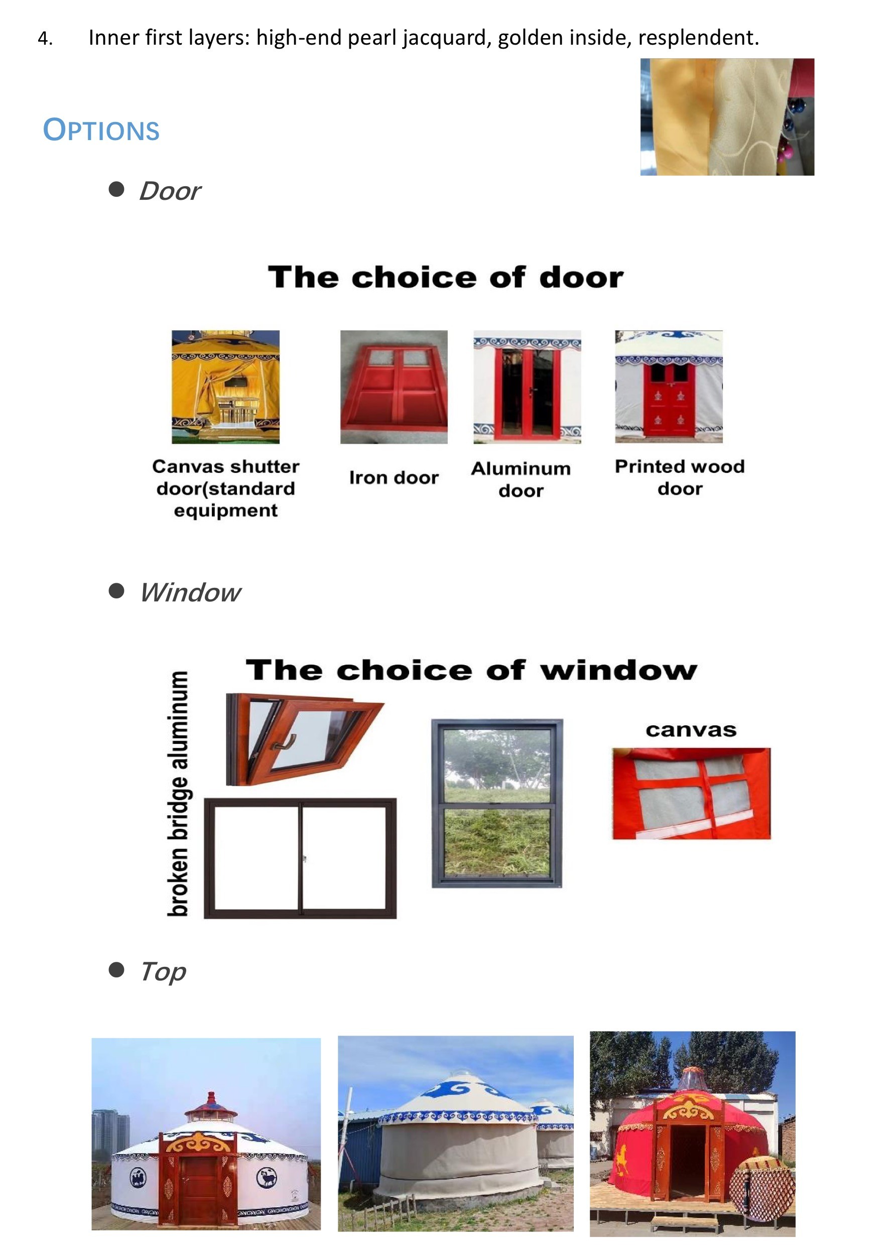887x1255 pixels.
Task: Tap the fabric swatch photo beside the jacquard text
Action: [x=727, y=117]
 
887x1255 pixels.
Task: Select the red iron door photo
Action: [x=394, y=387]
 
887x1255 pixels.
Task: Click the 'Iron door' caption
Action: [x=394, y=478]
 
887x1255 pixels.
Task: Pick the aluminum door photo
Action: [x=527, y=387]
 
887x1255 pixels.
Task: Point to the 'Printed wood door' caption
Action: [x=680, y=477]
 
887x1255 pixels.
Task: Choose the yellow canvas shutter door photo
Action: [x=225, y=387]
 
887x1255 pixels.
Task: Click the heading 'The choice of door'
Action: [x=445, y=277]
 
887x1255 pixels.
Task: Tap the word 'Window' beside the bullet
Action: [x=190, y=592]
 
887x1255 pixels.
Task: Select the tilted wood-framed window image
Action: [x=304, y=739]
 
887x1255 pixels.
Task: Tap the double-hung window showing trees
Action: [x=497, y=804]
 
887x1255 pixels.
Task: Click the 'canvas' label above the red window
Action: [x=691, y=730]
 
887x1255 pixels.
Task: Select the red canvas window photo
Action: [x=691, y=793]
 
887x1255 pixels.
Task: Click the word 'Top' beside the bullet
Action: [x=163, y=972]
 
